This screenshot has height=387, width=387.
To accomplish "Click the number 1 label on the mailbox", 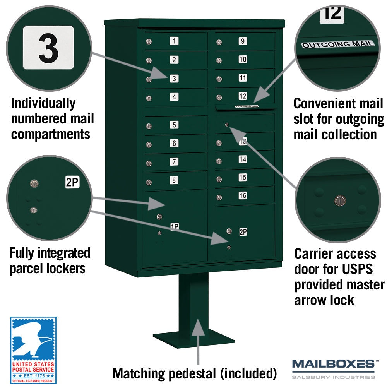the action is (174, 41).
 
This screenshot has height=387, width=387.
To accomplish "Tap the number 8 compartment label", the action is (174, 180).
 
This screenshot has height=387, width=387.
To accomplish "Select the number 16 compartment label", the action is (243, 195).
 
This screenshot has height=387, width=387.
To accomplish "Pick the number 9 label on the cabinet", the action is (243, 41).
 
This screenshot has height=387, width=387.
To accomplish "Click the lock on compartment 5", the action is (149, 127).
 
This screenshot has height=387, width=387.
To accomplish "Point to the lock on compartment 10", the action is (219, 60).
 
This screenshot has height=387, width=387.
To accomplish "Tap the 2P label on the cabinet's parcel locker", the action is (243, 232).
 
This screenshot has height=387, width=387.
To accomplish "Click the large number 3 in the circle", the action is (49, 48).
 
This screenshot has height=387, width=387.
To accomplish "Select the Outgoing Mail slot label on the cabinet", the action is (247, 106).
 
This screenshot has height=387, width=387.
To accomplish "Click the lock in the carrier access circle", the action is (340, 200).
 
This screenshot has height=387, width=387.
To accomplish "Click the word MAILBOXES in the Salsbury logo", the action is (333, 364).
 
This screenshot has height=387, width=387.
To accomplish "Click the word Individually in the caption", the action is (43, 104).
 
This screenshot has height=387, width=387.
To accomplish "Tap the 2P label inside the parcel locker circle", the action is (72, 182).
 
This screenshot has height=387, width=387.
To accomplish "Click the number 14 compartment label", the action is (243, 159).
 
